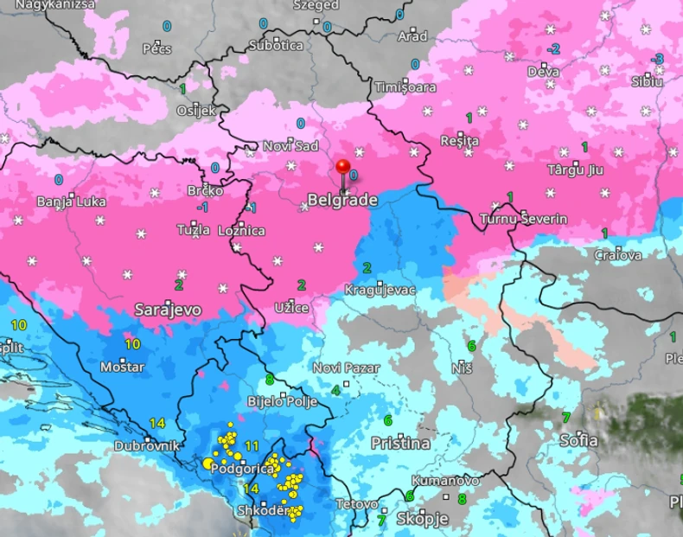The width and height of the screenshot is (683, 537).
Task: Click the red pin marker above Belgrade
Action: pos(343,167)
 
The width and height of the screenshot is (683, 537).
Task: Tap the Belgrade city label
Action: pos(342,201)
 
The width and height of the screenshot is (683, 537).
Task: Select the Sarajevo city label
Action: pos(168,309)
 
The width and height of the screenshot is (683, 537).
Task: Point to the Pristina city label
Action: pos(399,443)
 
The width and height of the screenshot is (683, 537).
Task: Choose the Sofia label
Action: pos(578,440)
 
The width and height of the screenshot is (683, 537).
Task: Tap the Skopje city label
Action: pos(422,519)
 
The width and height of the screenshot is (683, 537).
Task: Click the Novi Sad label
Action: pos(290,145)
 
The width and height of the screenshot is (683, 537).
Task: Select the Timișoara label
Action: pos(405,87)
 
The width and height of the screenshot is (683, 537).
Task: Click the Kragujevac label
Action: pos(380,289)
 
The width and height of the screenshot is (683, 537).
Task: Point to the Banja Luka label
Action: pos(71,201)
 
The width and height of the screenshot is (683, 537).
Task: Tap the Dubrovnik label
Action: pos(147,446)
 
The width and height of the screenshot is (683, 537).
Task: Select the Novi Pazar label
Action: pos(346,368)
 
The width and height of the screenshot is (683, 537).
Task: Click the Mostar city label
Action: pos(122,367)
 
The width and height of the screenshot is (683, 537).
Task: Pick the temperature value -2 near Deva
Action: pos(553,48)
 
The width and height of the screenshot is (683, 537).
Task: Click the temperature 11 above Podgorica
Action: pos(252,445)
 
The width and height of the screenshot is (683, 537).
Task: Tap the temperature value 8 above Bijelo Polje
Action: pos(270,379)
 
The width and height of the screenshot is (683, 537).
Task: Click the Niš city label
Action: pos(462,368)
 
